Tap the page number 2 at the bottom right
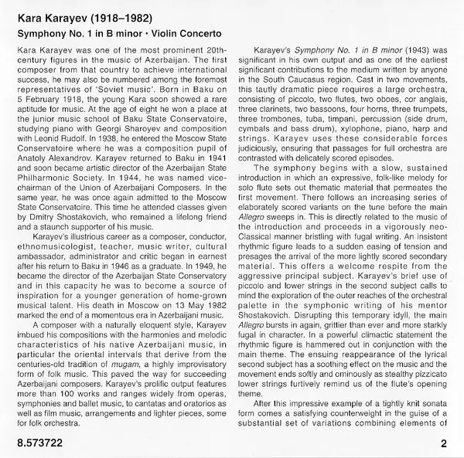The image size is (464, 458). tap(444, 443)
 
